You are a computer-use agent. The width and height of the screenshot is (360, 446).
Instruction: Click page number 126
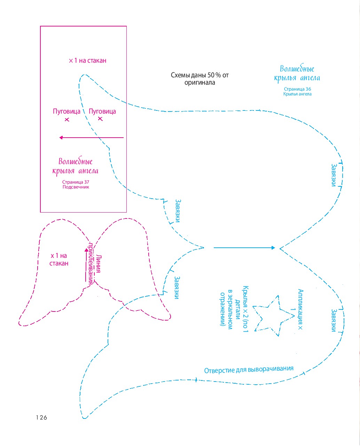click(41, 417)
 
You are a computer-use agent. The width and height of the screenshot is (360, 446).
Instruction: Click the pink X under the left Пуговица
click(67, 120)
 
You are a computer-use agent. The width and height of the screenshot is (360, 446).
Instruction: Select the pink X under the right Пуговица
click(100, 119)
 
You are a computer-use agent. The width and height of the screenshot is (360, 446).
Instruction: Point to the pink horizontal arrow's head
click(61, 138)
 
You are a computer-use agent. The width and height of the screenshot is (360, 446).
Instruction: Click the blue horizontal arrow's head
click(273, 248)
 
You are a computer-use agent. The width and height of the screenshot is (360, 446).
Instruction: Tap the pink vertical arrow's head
click(86, 250)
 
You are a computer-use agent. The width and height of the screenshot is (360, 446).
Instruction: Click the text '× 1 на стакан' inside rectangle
click(87, 61)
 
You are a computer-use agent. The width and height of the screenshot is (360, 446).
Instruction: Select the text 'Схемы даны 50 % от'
click(199, 75)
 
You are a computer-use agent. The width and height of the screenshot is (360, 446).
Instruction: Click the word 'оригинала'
click(199, 83)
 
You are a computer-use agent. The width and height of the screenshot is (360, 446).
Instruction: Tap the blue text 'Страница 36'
click(297, 89)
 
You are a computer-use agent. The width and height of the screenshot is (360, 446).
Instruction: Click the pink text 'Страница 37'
click(76, 182)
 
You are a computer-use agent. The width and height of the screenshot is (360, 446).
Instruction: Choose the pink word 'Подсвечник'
click(76, 187)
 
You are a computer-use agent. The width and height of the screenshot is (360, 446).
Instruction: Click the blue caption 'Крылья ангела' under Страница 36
click(297, 94)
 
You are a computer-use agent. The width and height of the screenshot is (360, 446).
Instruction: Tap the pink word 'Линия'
click(99, 264)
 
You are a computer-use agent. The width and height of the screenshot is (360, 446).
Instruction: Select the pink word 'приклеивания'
click(91, 264)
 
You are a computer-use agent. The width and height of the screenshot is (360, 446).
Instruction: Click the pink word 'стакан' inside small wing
click(59, 263)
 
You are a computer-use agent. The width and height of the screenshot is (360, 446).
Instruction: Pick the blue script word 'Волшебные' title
click(297, 69)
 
